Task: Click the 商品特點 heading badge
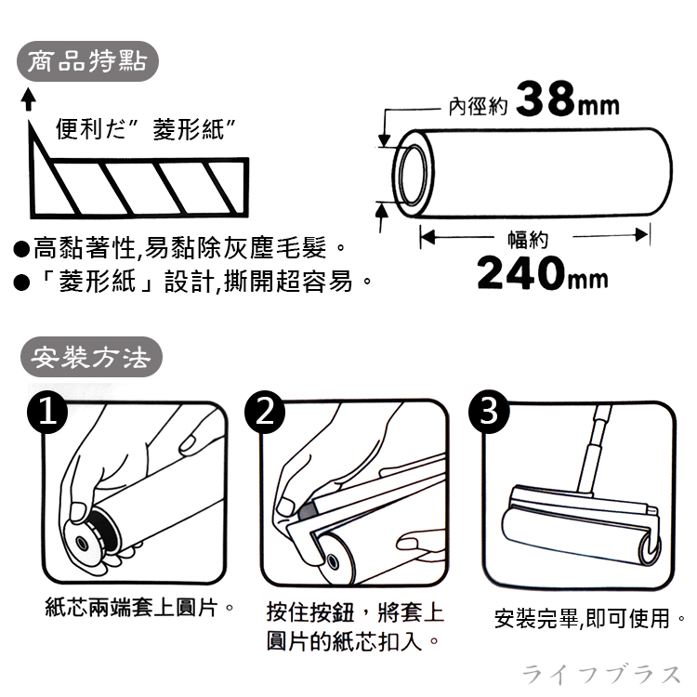[x=87, y=61]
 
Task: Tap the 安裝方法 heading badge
[x=92, y=357]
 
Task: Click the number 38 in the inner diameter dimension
[x=546, y=99]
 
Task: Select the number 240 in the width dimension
[x=520, y=272]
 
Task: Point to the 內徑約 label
[x=478, y=106]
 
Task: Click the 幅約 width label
[x=528, y=239]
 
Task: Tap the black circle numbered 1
[x=47, y=412]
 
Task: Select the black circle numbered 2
[x=265, y=412]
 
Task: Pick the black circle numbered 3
[x=489, y=411]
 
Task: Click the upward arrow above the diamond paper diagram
[x=29, y=99]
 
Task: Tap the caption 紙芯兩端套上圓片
[x=133, y=607]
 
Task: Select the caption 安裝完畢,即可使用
[x=582, y=618]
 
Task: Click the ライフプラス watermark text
[x=601, y=675]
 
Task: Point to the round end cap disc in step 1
[x=82, y=541]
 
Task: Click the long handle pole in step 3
[x=594, y=449]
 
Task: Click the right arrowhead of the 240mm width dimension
[x=641, y=235]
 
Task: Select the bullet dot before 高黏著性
[x=20, y=250]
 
